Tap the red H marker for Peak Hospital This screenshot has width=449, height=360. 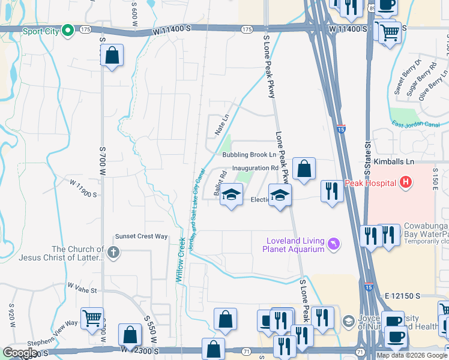point(406,182)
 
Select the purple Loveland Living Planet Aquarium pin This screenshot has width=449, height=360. point(334,245)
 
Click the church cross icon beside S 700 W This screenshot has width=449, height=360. point(113,253)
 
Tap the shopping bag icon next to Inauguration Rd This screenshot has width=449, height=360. point(304,170)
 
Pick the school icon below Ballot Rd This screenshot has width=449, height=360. point(231,196)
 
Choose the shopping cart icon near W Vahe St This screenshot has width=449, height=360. point(92,318)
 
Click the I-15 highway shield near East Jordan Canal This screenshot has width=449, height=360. point(341,128)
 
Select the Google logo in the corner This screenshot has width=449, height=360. point(20,353)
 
